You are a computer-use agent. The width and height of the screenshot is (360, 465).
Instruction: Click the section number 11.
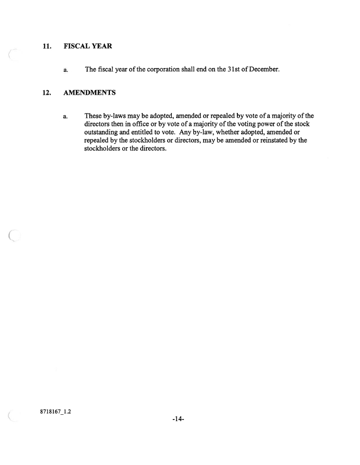pos(47,46)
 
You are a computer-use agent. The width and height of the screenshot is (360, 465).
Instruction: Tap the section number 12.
pos(47,92)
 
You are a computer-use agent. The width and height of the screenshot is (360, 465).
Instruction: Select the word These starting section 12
pos(94,116)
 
